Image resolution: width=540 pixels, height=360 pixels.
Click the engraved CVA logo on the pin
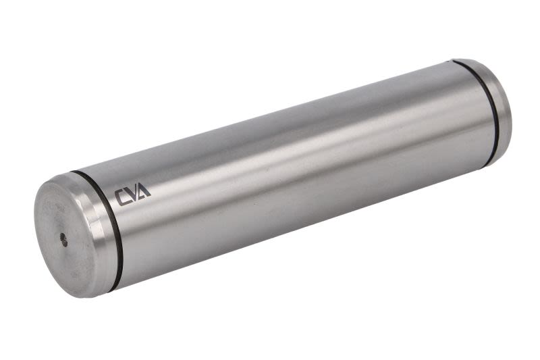click(132, 196)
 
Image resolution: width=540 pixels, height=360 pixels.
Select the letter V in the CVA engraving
click(133, 195)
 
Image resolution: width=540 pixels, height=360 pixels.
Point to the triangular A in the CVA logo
click(144, 192)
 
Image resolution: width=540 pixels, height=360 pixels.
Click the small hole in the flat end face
click(63, 240)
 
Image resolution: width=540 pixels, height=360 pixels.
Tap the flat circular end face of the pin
click(63, 238)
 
